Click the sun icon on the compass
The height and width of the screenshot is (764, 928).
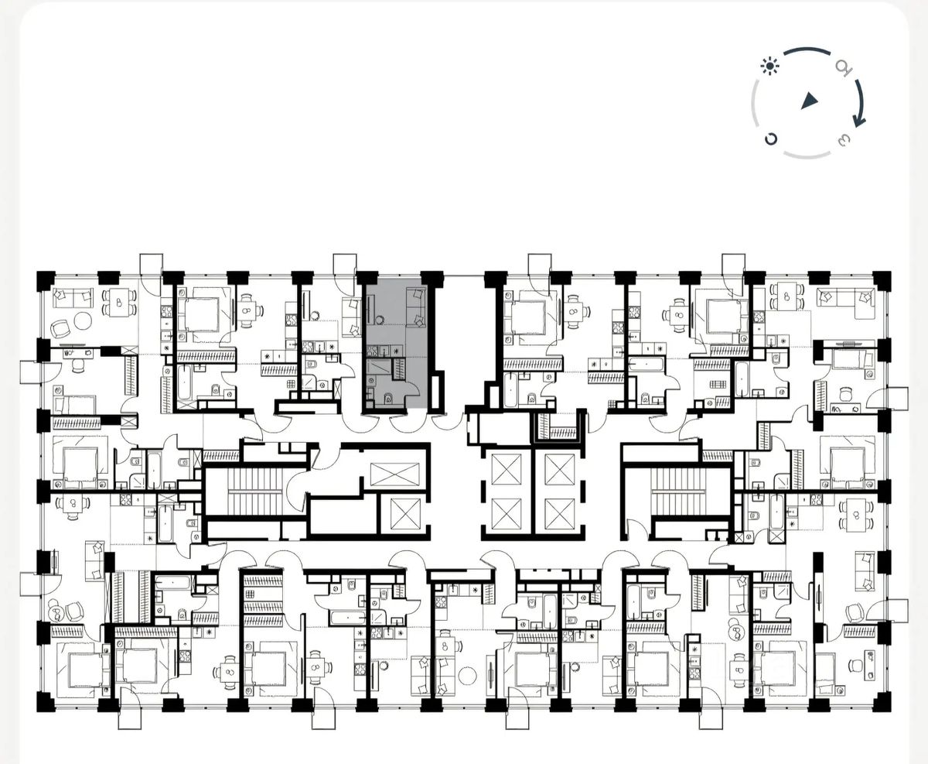pos(770,67)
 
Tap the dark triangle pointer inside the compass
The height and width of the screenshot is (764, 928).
pos(809,101)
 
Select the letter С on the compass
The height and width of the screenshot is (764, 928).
pos(770,139)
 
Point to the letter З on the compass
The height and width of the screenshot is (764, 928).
pos(844,139)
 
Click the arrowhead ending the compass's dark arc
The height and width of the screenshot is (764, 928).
pos(858,121)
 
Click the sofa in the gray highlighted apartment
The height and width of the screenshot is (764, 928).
pos(416,307)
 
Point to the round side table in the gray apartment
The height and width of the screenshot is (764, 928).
pos(380,319)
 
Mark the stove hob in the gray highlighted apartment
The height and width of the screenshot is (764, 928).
pos(373,351)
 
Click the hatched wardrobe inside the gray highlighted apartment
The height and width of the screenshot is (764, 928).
pos(399,368)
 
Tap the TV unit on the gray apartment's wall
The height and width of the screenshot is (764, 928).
pos(368,308)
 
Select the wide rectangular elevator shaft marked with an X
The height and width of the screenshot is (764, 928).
pos(395,475)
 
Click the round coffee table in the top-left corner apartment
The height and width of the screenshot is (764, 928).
pos(82,320)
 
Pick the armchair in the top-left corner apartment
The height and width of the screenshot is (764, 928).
pos(60,328)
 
